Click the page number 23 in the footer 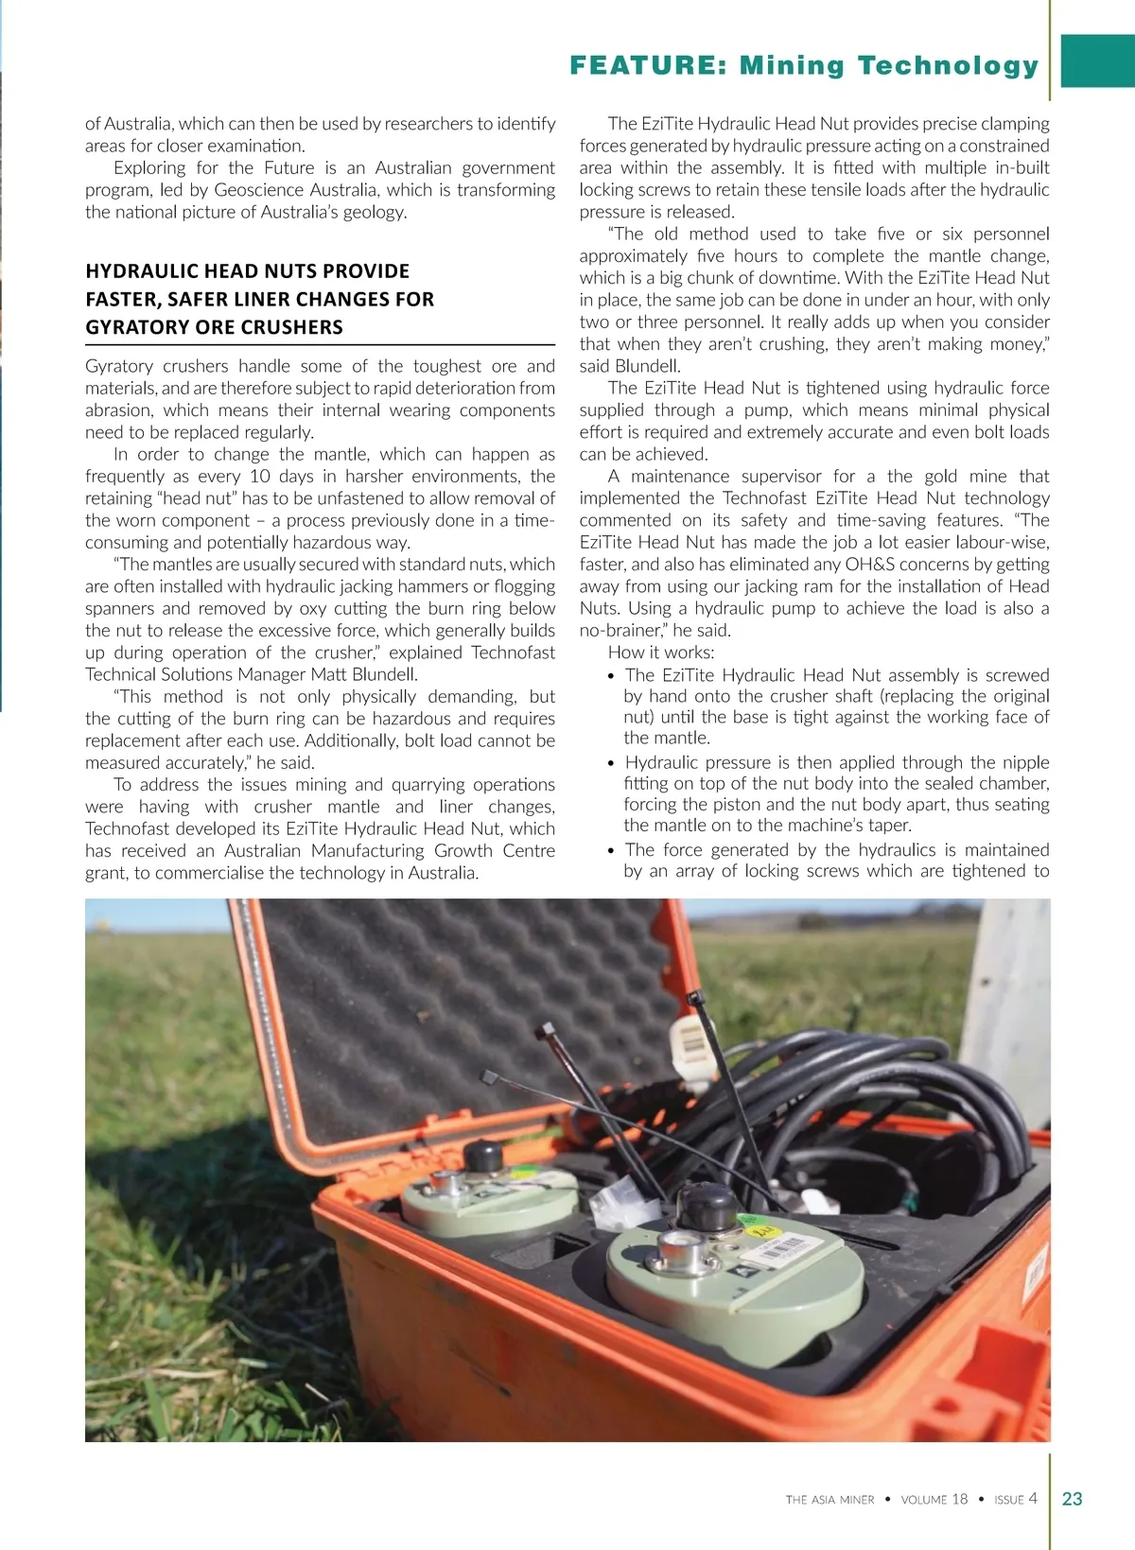coord(1073,1498)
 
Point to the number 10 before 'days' coord(260,476)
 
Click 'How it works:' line coord(661,653)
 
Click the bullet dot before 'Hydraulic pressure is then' coord(612,764)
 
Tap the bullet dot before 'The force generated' coord(612,852)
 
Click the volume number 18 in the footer coord(959,1499)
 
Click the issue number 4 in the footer coord(1033,1498)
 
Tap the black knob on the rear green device coord(482,1157)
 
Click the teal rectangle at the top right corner coord(1097,61)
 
